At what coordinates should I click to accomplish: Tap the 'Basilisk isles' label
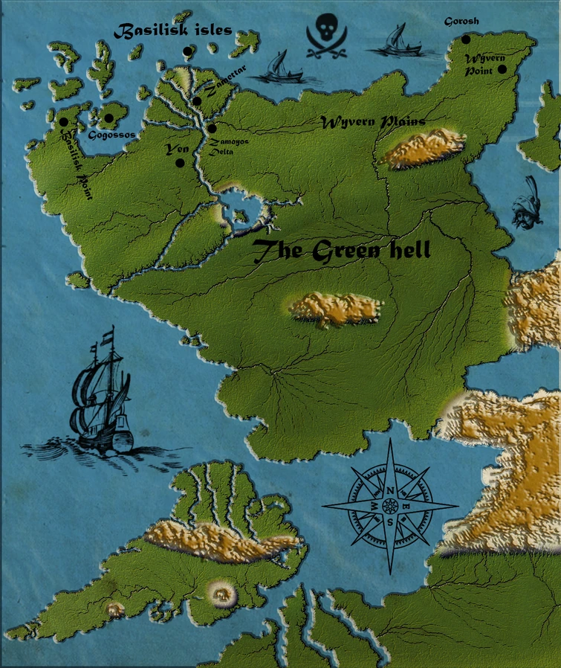[172, 30]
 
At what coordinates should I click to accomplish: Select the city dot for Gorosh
[466, 39]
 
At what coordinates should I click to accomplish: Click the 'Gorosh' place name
[461, 22]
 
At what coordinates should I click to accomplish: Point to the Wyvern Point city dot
[502, 69]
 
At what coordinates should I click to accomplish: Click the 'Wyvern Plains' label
[373, 122]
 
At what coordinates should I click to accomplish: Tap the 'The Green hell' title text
[342, 252]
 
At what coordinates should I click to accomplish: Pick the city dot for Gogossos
[108, 118]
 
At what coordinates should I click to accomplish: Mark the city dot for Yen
[180, 162]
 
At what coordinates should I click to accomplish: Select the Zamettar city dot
[197, 101]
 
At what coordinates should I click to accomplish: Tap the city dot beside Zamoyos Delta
[212, 129]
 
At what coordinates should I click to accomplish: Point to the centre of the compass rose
[389, 506]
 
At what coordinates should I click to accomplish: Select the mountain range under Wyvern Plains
[423, 147]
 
